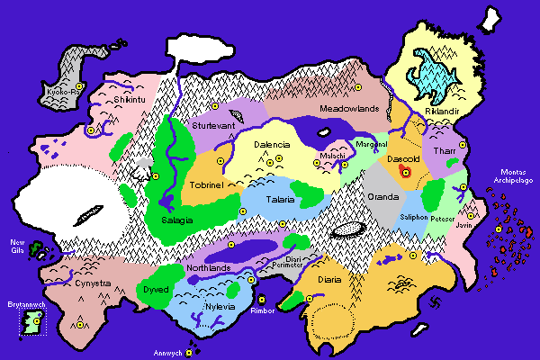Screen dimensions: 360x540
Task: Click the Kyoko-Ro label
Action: click(x=63, y=90)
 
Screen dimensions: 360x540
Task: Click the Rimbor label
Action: click(x=263, y=311)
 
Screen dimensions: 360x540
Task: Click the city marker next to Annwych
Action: click(x=190, y=353)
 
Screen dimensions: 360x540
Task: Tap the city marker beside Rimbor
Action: click(x=262, y=300)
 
